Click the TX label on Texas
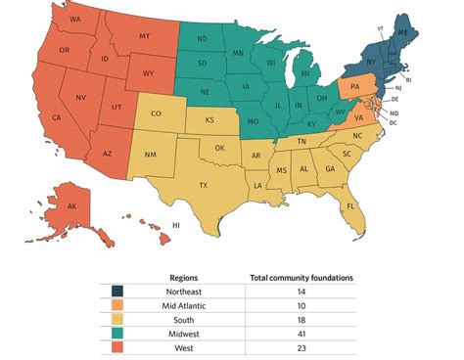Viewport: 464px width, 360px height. click(x=204, y=185)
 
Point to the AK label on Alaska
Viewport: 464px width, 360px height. click(x=72, y=207)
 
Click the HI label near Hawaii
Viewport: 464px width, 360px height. click(x=176, y=226)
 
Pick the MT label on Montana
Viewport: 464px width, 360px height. click(x=145, y=36)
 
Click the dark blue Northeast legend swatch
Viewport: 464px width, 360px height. click(x=118, y=292)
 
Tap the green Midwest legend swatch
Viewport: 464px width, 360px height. click(x=118, y=332)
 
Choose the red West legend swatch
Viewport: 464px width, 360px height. click(x=118, y=345)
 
